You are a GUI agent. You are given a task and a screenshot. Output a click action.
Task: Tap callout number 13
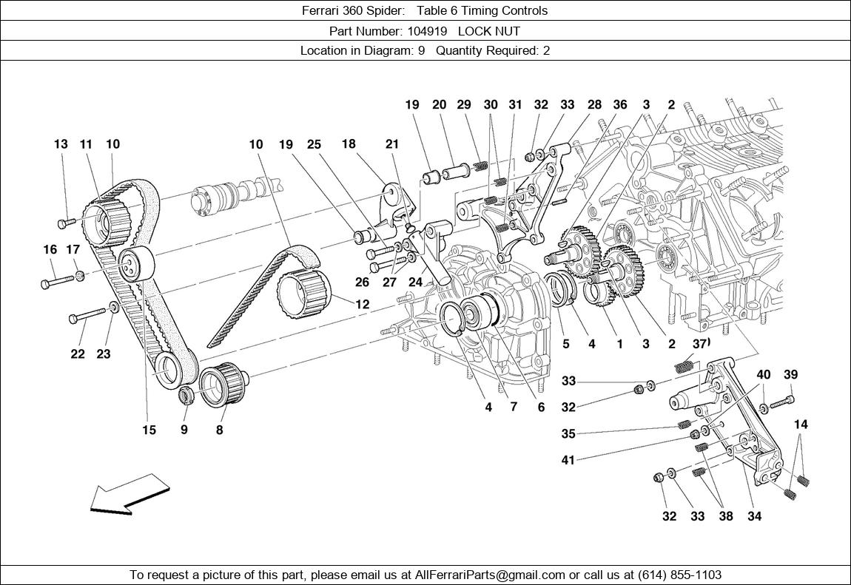click(61, 144)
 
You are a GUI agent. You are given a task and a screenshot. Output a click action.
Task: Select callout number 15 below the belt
click(149, 430)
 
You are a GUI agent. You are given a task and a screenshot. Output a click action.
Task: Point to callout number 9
click(184, 430)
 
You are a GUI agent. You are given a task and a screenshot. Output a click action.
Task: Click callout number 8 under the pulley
click(220, 430)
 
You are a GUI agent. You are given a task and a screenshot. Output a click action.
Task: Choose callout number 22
click(78, 354)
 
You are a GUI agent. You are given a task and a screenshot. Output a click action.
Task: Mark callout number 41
click(568, 460)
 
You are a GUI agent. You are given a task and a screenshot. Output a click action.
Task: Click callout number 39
click(790, 375)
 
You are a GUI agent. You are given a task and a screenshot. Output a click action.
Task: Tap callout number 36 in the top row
click(619, 105)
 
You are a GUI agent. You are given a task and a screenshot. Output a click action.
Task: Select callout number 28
click(594, 105)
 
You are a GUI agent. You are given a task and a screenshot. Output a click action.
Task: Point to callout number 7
click(514, 407)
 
